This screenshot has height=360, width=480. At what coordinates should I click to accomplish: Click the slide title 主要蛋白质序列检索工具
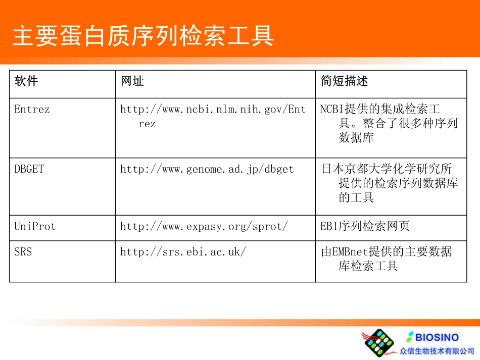pos(143,36)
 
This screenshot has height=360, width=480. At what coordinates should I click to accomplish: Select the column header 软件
pos(26,81)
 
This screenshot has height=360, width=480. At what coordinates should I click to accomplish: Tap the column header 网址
pos(132,81)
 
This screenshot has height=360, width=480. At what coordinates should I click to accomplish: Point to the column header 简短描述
pos(345,81)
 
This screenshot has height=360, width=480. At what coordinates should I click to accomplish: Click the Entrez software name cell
pos(32,109)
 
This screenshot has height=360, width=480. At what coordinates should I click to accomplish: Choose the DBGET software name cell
pos(29,169)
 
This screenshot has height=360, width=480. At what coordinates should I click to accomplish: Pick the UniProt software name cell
pos(35,227)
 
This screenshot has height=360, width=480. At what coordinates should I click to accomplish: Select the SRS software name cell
pos(23,251)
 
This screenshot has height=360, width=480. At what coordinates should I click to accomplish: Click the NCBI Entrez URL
pos(213,116)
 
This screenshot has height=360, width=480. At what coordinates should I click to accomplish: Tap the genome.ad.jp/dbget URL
pos(207,169)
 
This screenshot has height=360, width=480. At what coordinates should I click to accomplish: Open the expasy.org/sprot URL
pos(204,227)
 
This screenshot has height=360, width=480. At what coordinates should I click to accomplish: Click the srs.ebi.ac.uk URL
pos(183,251)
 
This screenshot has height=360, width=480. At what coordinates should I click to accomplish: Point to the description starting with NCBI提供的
pos(389,123)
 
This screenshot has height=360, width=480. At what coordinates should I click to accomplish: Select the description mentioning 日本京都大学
pos(389,183)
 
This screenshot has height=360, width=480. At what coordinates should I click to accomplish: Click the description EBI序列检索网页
pos(365,227)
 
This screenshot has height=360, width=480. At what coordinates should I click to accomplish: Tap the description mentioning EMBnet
pos(387,259)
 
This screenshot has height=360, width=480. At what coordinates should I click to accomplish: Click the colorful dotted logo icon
pos(379,343)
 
